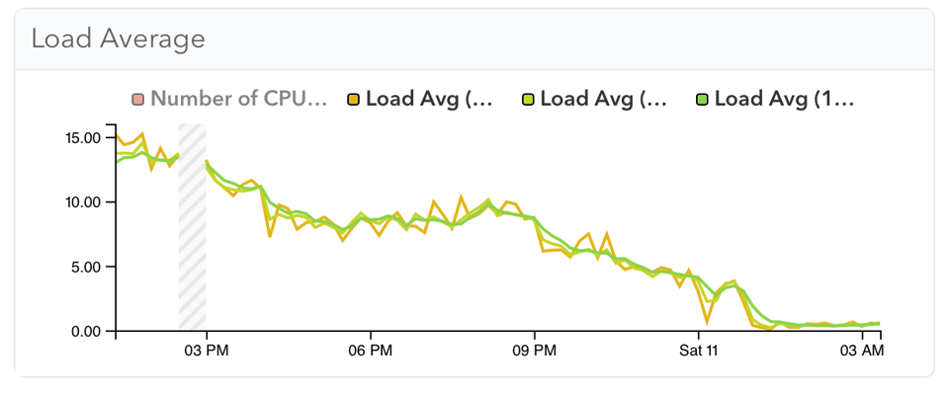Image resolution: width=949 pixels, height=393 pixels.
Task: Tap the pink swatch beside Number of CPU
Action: coord(137,99)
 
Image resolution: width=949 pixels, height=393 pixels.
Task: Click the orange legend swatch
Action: coord(352,99)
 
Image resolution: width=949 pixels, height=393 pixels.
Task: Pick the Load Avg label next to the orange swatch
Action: coord(428,99)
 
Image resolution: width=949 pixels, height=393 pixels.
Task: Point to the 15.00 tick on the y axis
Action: coord(82,137)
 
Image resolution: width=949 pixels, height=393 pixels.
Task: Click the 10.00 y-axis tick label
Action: coord(82,202)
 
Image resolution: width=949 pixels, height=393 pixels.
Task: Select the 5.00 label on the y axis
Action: coord(86,267)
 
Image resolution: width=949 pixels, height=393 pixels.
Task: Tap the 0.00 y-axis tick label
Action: coord(86,332)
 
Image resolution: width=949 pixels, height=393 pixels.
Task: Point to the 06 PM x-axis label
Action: coord(370,352)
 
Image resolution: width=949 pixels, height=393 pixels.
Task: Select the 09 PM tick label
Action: coord(534,352)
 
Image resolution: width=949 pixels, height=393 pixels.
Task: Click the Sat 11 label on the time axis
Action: coord(698,352)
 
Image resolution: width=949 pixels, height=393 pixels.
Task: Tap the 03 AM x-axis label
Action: coord(861,352)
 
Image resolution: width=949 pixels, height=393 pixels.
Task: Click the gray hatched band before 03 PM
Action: coord(192,227)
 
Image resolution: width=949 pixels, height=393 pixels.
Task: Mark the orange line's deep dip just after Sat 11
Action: coord(708,320)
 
